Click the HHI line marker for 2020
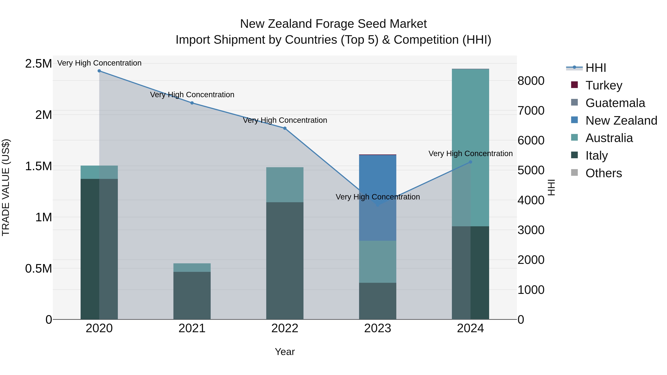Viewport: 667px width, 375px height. pyautogui.click(x=99, y=71)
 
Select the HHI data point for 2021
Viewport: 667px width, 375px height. pyautogui.click(x=192, y=103)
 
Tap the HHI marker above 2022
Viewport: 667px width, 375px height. pyautogui.click(x=285, y=128)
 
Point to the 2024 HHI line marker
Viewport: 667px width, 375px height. pyautogui.click(x=470, y=162)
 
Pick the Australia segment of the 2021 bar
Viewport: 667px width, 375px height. pyautogui.click(x=192, y=268)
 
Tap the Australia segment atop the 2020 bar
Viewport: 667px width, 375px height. pyautogui.click(x=99, y=172)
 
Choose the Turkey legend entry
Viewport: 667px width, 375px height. pyautogui.click(x=604, y=85)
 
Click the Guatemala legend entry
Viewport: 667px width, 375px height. pyautogui.click(x=615, y=103)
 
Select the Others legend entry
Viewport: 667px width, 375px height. pyautogui.click(x=604, y=173)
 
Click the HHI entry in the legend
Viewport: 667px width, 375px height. pyautogui.click(x=595, y=68)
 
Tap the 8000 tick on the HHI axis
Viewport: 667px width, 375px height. pyautogui.click(x=531, y=81)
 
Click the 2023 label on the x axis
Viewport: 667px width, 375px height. pyautogui.click(x=378, y=328)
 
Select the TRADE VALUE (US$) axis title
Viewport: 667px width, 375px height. pyautogui.click(x=6, y=187)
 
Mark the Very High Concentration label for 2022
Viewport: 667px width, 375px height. pyautogui.click(x=285, y=120)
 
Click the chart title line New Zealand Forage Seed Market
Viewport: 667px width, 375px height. pyautogui.click(x=333, y=24)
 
